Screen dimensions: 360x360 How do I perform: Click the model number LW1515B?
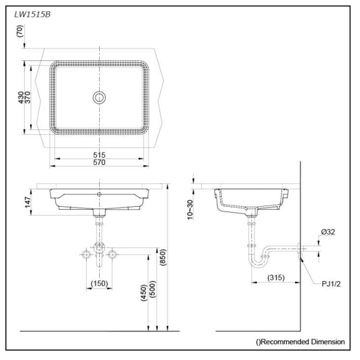coord(32,15)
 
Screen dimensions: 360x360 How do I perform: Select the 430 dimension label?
coord(21,97)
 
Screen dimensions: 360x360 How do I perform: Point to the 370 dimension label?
coord(27,97)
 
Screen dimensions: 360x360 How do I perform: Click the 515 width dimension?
coord(99,155)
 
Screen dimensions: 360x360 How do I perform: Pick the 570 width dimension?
coord(99,162)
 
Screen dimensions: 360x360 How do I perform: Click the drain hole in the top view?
coord(99,97)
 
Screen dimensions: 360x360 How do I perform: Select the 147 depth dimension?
coord(27,202)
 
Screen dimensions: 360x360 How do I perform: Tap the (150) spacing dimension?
coord(99,283)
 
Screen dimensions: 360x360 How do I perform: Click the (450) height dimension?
coord(143,293)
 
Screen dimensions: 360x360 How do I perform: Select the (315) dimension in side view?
coord(275,278)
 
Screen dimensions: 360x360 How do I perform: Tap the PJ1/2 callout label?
coord(331,284)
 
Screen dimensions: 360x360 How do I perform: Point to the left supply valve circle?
coord(86,255)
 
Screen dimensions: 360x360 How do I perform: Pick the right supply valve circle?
coord(112,255)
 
